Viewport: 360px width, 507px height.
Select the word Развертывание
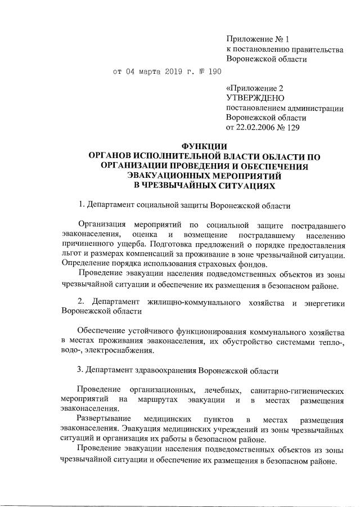105,420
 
